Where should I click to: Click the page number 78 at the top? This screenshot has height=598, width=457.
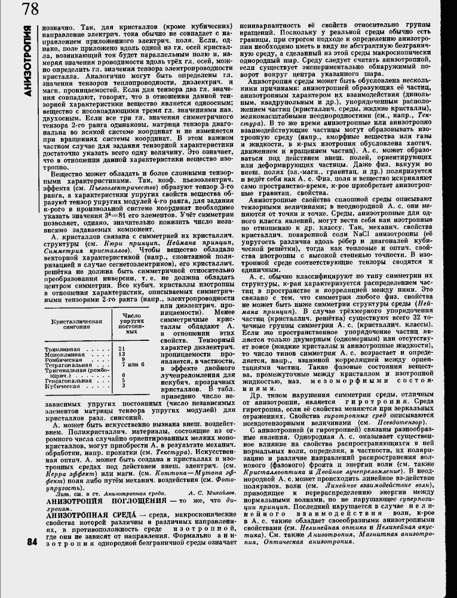29,10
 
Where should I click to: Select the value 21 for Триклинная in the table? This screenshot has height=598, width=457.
121,348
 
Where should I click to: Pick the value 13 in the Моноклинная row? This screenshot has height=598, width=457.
122,353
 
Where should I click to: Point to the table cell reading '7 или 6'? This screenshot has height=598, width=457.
133,364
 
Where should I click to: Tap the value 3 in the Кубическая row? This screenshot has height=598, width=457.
123,386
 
